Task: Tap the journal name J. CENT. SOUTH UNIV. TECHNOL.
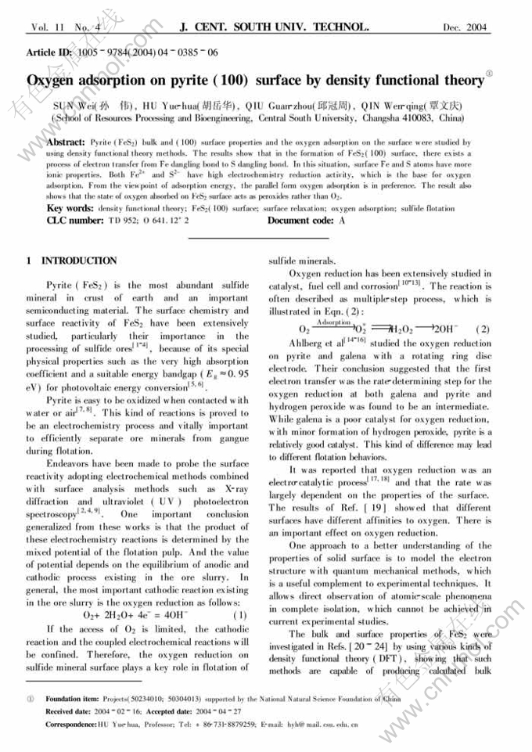[x=274, y=27]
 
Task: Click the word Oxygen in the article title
[x=53, y=81]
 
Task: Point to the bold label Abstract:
[x=66, y=143]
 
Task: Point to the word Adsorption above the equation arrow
[x=334, y=322]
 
